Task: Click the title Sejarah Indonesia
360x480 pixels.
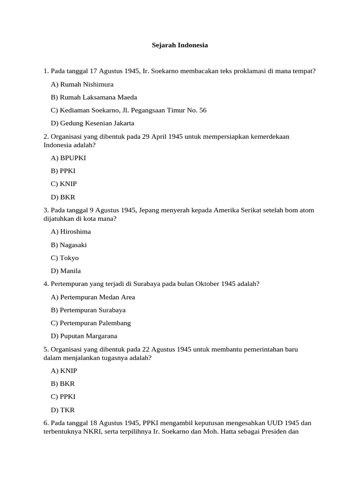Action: point(180,45)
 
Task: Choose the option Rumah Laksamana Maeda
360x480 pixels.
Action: point(94,97)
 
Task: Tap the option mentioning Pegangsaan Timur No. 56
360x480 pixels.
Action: point(128,110)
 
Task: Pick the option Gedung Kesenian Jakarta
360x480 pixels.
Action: point(92,123)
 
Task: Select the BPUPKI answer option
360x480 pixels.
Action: point(68,158)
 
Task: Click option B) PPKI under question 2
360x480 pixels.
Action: point(63,171)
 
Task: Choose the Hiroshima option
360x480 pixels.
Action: point(71,232)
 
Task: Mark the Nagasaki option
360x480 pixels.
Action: point(69,245)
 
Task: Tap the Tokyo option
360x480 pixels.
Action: point(65,258)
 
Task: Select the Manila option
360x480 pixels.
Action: point(66,271)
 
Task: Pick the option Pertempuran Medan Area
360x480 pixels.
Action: point(93,297)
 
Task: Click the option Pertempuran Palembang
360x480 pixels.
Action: point(91,323)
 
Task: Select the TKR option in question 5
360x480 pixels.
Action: point(63,410)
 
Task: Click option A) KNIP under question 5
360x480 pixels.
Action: point(64,370)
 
